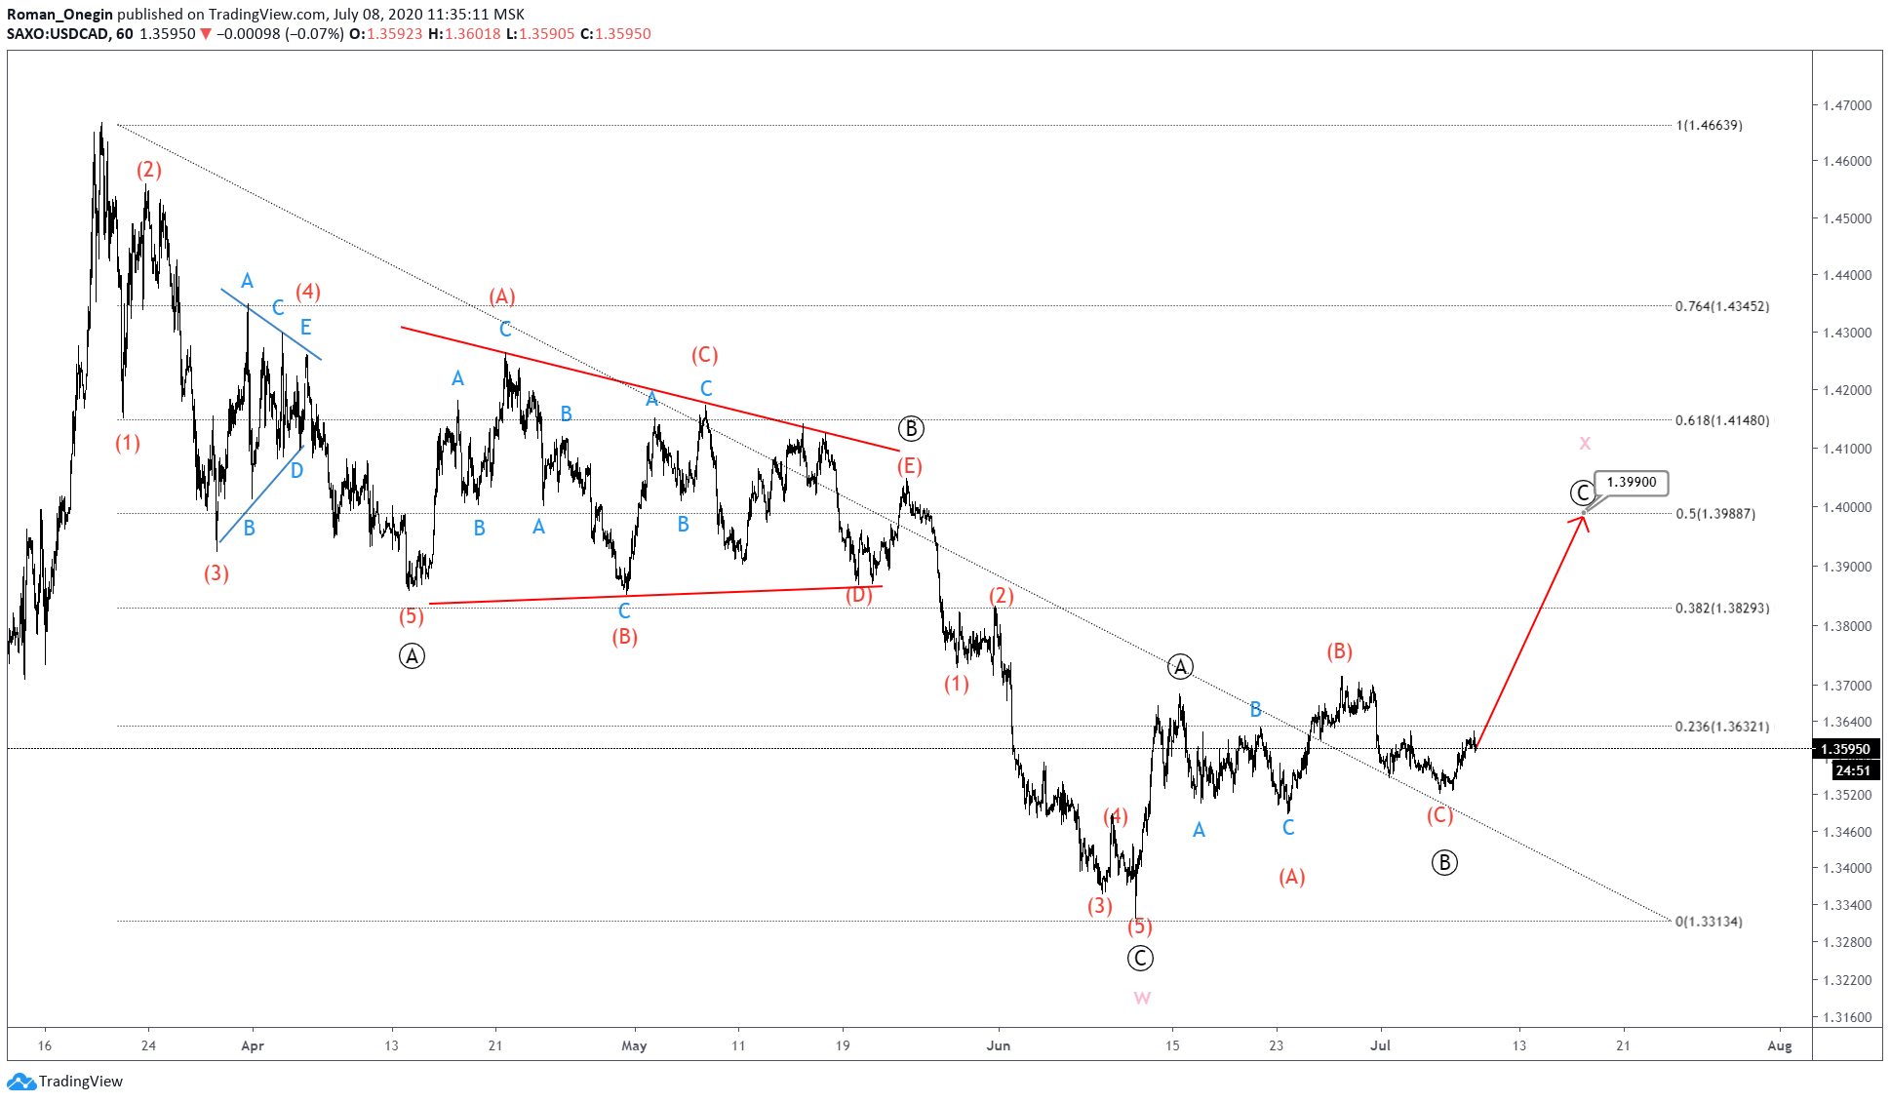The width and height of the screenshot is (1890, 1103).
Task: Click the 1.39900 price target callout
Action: point(1631,483)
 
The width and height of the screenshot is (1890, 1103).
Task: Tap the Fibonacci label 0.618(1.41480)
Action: point(1721,420)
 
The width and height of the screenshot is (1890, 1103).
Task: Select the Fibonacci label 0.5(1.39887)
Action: point(1714,514)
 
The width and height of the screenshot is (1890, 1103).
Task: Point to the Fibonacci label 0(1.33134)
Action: point(1709,922)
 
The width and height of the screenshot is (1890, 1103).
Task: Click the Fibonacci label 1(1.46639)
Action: point(1709,125)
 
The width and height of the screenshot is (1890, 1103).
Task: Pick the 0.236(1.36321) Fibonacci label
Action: point(1721,727)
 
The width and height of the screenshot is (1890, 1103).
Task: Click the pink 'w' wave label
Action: point(1142,998)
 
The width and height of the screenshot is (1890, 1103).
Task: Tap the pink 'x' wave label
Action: point(1585,444)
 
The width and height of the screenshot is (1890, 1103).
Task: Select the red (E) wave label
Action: point(910,466)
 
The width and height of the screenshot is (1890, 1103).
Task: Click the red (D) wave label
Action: point(858,595)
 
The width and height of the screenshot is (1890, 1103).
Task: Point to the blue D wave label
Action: point(296,471)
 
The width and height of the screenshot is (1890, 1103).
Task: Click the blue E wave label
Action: point(306,327)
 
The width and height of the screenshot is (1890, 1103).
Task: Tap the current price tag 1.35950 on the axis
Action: point(1846,749)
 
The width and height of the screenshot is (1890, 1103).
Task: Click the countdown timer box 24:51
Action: point(1852,770)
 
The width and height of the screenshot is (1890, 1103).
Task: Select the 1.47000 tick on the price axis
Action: point(1847,105)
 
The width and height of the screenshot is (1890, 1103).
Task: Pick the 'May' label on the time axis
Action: point(634,1045)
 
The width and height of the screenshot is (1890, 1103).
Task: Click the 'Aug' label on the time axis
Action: point(1779,1045)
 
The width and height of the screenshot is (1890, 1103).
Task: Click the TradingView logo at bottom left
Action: point(65,1081)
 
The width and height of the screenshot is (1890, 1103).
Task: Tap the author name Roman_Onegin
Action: point(59,15)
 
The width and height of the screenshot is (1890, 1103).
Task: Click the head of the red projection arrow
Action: point(1584,518)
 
